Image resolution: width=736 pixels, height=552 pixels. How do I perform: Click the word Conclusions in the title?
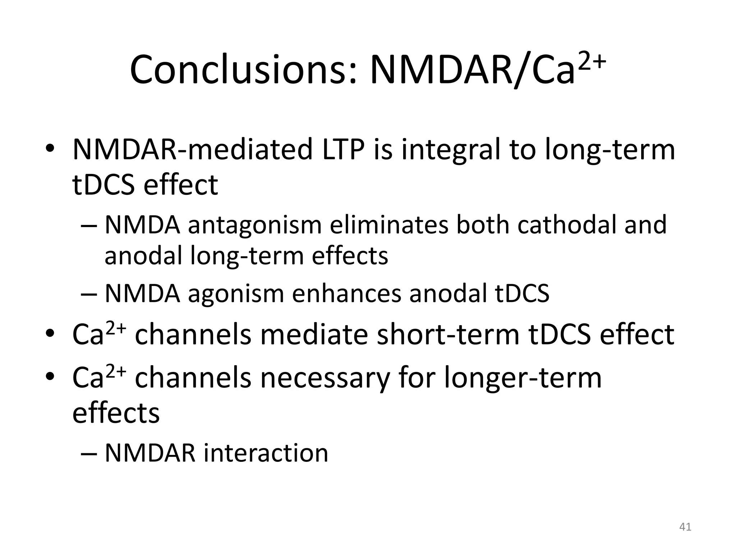click(x=244, y=70)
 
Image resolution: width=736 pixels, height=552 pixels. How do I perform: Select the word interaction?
click(x=266, y=453)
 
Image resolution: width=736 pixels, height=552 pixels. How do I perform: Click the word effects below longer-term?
click(x=116, y=413)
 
